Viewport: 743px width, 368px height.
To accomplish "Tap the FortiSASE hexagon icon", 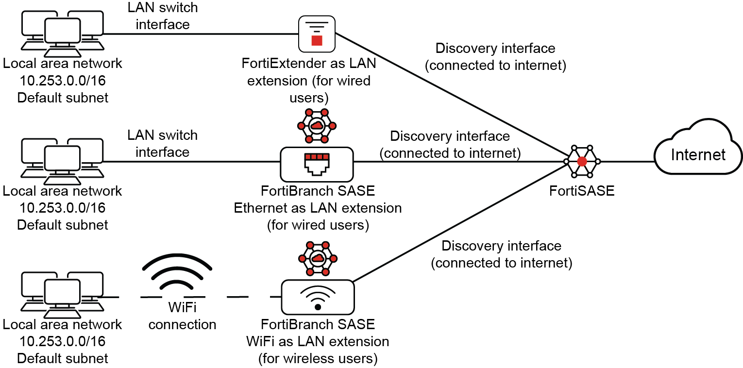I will point(582,161).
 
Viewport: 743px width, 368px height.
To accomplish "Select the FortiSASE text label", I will point(582,191).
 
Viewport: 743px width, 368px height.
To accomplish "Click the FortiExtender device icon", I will point(317,33).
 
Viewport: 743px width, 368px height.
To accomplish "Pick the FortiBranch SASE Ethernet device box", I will point(317,164).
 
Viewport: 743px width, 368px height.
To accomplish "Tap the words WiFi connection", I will point(182,316).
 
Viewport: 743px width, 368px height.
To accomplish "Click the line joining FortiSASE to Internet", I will point(626,161).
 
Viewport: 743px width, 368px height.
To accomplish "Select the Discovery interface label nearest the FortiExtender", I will point(495,57).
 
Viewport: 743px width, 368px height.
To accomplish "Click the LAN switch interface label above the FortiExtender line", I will point(162,16).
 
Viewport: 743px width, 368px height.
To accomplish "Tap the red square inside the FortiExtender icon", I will point(317,40).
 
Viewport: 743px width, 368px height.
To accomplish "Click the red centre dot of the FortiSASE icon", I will point(582,161).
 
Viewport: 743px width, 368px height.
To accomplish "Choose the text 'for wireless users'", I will point(318,359).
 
